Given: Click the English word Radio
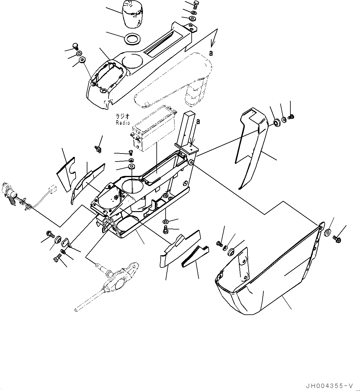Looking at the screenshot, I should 123,123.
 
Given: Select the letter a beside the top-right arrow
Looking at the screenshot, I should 211,53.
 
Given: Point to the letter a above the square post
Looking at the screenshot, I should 198,122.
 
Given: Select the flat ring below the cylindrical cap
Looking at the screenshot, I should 132,39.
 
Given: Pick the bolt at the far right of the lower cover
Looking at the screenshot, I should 337,239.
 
